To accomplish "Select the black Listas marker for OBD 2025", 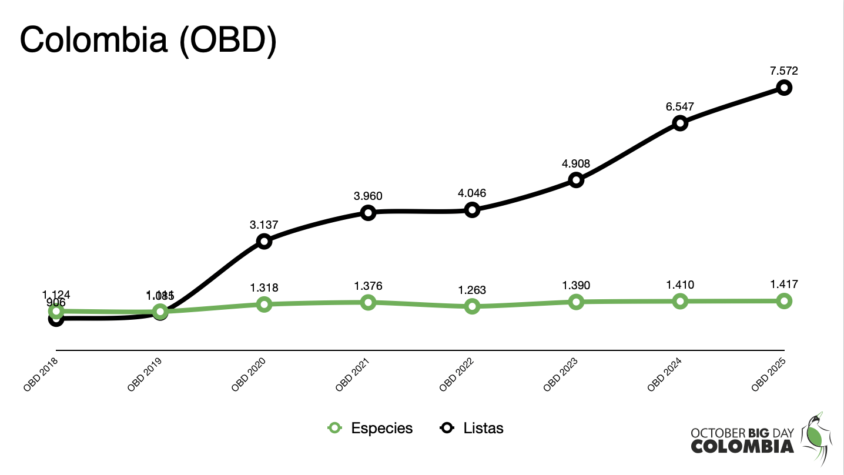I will (x=783, y=88).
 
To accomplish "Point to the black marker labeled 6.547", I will (x=680, y=123).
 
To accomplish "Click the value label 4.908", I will (x=575, y=163).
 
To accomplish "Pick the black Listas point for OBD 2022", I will (x=472, y=210).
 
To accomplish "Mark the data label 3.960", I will (x=368, y=196).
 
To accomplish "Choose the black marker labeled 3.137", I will (x=264, y=241).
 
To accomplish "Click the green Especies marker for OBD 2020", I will (x=264, y=304).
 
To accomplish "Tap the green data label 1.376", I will (x=368, y=286).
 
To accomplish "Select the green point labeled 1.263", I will (x=472, y=306).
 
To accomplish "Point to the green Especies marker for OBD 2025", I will (x=783, y=301).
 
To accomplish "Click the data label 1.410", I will (x=680, y=285).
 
